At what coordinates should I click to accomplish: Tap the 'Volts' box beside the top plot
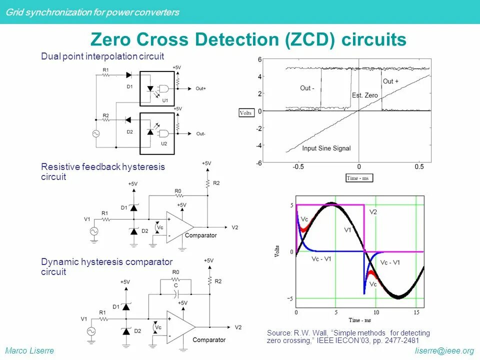tap(246, 113)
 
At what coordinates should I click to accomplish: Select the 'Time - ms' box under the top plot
tap(359, 178)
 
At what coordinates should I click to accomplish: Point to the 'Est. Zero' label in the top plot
tap(365, 95)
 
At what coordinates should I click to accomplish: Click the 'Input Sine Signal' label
tap(326, 148)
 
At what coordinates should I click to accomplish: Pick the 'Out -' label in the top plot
tap(307, 88)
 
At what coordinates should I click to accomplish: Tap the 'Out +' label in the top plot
tap(391, 81)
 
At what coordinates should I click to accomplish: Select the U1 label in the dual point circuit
tap(164, 100)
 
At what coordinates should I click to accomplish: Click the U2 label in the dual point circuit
tap(163, 144)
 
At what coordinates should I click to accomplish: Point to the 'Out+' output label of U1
tap(200, 88)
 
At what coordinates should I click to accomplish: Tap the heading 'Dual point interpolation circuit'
tap(102, 56)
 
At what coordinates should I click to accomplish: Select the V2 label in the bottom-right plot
tap(373, 212)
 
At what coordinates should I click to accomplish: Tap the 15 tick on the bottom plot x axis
tap(416, 312)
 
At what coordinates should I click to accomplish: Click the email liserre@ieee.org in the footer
tap(444, 351)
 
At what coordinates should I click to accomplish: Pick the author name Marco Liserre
tap(29, 351)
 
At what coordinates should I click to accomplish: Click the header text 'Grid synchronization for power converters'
tap(92, 12)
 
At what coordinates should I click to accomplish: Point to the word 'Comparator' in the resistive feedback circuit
tap(200, 235)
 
